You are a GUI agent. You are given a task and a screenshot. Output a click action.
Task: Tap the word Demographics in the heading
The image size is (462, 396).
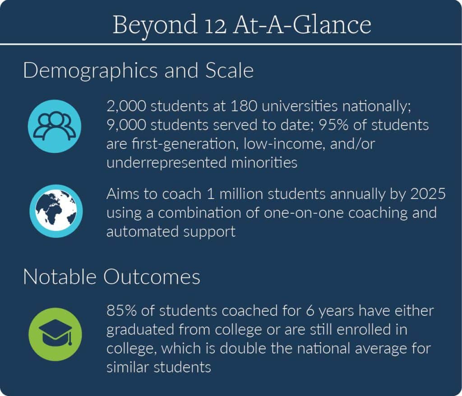90,71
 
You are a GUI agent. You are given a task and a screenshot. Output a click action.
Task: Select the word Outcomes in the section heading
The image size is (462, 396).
152,277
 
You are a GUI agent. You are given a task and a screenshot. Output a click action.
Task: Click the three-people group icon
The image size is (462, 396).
55,126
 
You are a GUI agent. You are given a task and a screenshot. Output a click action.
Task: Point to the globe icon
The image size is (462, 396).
56,211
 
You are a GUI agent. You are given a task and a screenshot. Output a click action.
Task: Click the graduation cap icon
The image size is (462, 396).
55,334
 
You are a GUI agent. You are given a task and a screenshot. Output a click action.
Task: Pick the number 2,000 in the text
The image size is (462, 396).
126,106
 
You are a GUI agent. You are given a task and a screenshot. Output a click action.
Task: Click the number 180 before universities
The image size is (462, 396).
244,106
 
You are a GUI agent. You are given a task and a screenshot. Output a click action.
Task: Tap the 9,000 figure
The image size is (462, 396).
126,125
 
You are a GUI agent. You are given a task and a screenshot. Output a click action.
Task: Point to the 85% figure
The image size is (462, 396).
121,311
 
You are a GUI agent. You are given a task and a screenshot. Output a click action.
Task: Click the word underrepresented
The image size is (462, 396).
167,163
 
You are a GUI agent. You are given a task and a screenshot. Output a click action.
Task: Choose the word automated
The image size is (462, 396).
142,231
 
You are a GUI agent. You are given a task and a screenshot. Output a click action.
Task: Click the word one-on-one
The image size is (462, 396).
304,213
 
